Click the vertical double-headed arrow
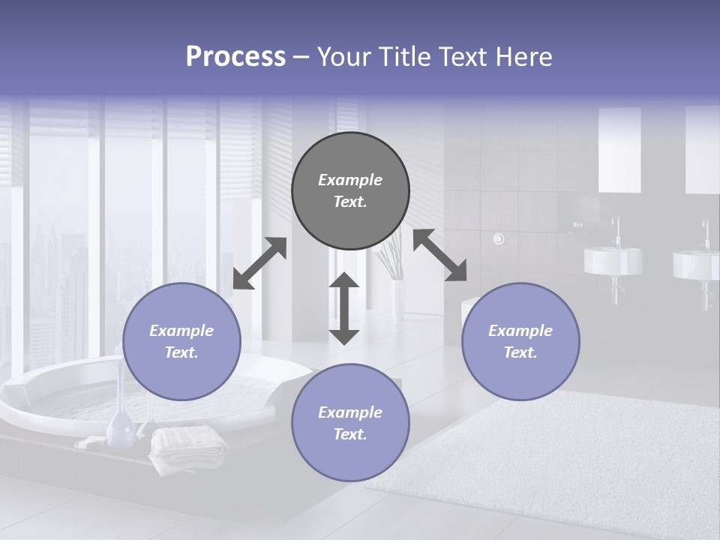pyautogui.click(x=344, y=308)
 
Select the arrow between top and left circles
pyautogui.click(x=259, y=262)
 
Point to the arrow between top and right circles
pyautogui.click(x=440, y=255)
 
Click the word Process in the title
pyautogui.click(x=235, y=56)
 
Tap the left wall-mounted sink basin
pyautogui.click(x=613, y=260)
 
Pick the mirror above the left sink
pyautogui.click(x=619, y=150)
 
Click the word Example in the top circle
pyautogui.click(x=350, y=180)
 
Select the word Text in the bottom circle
pyautogui.click(x=349, y=434)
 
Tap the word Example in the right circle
pyautogui.click(x=520, y=331)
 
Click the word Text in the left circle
pyautogui.click(x=181, y=352)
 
